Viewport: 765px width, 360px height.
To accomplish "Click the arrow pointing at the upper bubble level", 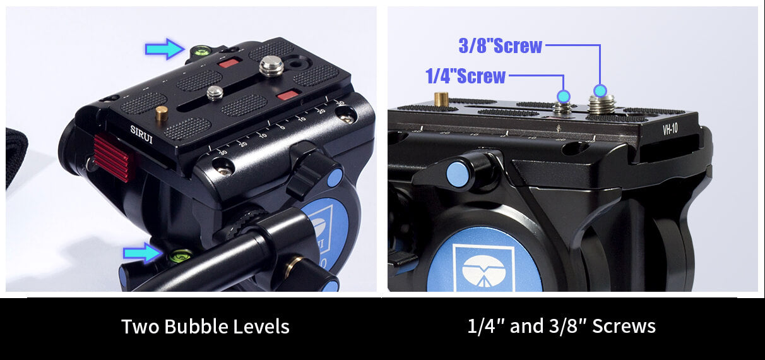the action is [x=165, y=49].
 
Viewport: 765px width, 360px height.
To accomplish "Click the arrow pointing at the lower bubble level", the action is [x=143, y=253].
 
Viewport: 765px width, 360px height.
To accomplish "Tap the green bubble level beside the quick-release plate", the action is [x=201, y=51].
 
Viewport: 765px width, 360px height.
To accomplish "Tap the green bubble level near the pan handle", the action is [x=181, y=256].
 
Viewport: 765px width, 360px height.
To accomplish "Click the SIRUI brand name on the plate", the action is [x=141, y=135].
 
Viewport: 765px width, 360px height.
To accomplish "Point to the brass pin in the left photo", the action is [x=162, y=113].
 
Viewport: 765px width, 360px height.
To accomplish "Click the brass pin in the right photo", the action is [x=441, y=99].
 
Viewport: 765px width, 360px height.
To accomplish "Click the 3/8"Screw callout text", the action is [x=501, y=46].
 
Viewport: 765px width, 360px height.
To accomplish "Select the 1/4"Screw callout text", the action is [x=465, y=76].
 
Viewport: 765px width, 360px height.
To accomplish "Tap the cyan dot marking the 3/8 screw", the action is [x=600, y=90].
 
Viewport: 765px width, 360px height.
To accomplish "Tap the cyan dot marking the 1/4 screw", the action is [x=564, y=96].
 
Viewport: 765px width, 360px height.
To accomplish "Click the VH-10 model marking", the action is [x=670, y=129].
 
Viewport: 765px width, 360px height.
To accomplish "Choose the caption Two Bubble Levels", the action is [x=206, y=326].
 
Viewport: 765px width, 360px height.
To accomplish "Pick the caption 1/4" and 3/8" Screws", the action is [x=562, y=326].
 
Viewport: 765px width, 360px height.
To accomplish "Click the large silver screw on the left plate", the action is [x=271, y=66].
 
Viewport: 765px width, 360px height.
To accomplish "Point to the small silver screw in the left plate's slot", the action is [x=215, y=93].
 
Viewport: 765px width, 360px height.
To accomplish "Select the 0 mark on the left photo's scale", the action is [x=282, y=128].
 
